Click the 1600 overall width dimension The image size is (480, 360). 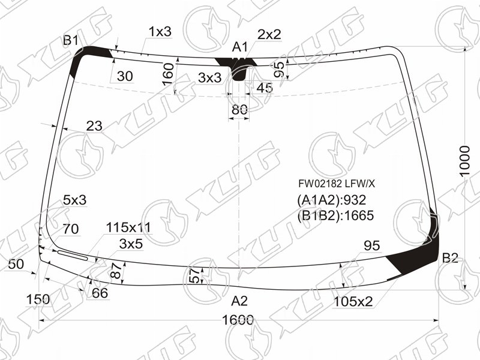click(238, 320)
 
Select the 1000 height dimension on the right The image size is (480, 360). click(464, 161)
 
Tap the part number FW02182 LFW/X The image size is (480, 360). click(337, 184)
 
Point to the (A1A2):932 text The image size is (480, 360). click(331, 200)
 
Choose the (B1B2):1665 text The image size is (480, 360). click(335, 215)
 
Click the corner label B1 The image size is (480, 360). click(71, 40)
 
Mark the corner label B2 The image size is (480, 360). click(450, 258)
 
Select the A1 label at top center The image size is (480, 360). click(239, 47)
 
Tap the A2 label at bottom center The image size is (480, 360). click(239, 301)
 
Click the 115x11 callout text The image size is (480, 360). click(128, 228)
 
